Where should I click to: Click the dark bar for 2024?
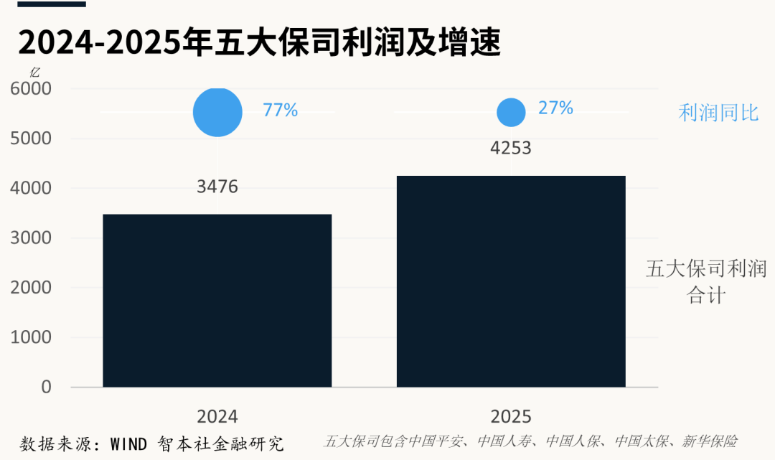[x=217, y=301]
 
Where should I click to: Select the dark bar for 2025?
[x=511, y=281]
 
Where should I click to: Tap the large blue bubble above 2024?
[x=217, y=112]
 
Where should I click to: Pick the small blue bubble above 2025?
[x=511, y=112]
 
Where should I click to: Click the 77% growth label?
[x=280, y=111]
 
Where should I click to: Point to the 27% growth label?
[x=555, y=108]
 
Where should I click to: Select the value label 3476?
[x=217, y=187]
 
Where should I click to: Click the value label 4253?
[x=511, y=149]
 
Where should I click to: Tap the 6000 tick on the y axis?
[x=31, y=89]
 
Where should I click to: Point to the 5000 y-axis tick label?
[x=31, y=139]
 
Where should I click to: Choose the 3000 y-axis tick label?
[x=31, y=238]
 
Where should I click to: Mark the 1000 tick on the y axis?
[x=31, y=337]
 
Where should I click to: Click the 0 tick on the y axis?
[x=46, y=387]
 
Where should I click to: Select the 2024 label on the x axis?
[x=217, y=417]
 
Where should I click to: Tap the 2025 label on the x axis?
[x=511, y=417]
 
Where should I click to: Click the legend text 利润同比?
[x=718, y=113]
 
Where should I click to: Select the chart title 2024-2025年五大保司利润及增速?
[x=259, y=42]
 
